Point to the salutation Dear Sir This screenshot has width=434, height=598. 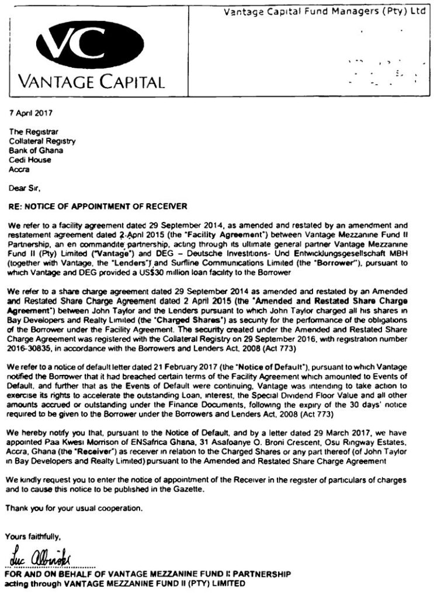[x=25, y=189]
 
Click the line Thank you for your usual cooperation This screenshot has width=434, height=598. [x=74, y=508]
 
